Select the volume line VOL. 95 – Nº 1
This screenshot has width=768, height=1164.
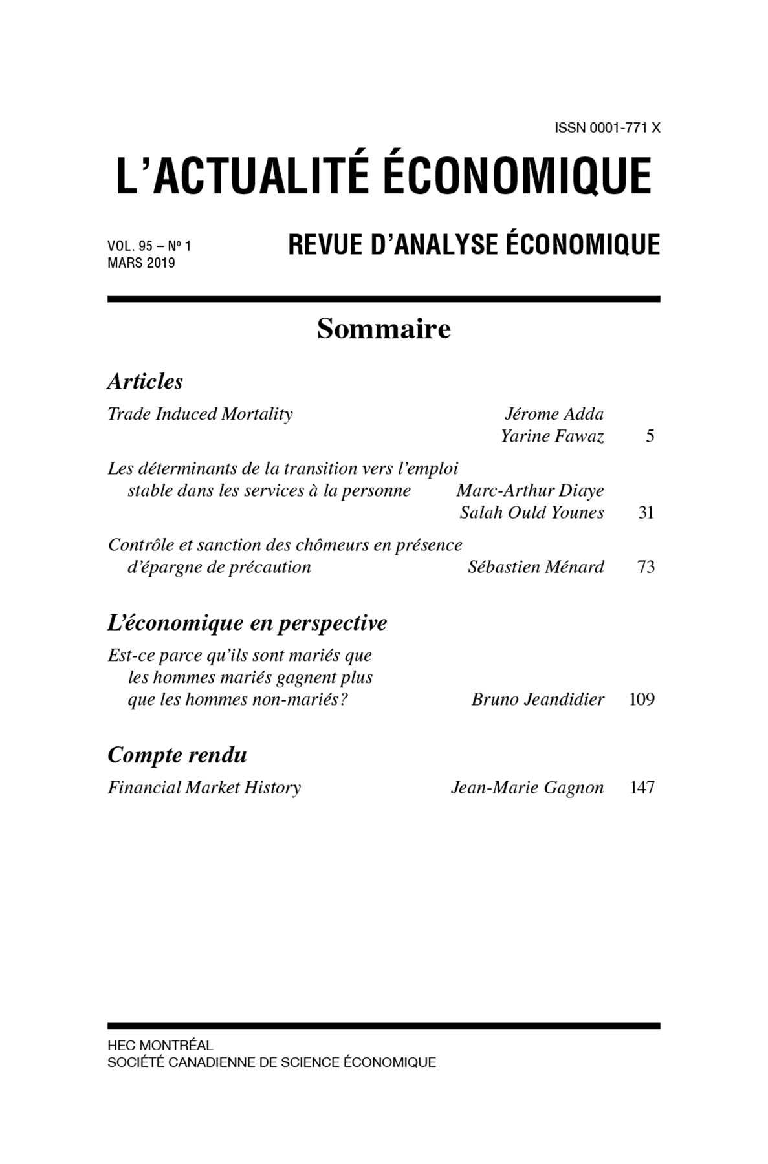149,246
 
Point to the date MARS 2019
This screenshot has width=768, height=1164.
141,263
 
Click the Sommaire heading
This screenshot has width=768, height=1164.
384,329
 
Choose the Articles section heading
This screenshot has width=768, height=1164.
145,382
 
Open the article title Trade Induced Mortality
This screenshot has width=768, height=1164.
200,414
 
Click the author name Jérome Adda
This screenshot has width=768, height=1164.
553,414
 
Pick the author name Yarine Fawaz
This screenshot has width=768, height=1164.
552,436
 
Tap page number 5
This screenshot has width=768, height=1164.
650,436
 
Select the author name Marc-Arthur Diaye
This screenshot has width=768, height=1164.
530,490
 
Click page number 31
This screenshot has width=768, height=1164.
646,513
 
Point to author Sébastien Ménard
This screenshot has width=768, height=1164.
536,567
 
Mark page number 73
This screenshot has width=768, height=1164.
646,567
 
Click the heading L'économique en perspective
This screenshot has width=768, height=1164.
247,623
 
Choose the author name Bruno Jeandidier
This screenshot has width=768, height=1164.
538,699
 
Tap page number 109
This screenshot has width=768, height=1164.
641,699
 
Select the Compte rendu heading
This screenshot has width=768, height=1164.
177,755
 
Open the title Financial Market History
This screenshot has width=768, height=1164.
204,788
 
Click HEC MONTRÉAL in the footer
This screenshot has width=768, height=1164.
160,1045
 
